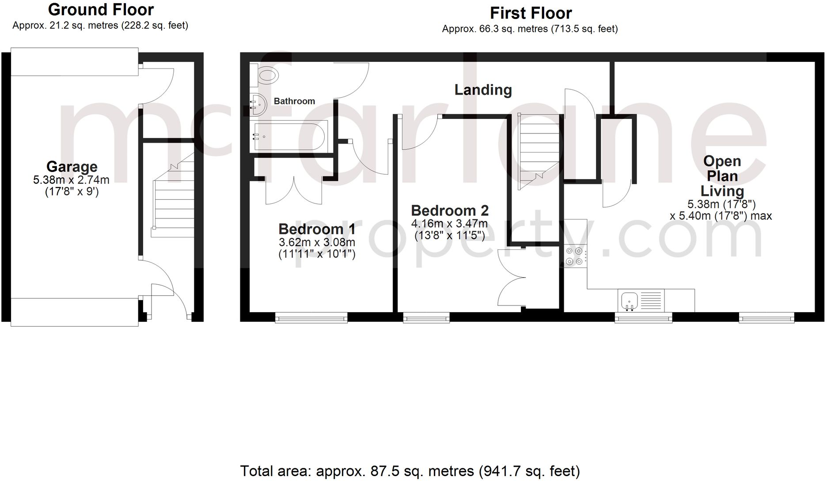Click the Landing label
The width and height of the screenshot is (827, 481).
tap(483, 90)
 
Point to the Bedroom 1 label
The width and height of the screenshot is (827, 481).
tap(317, 229)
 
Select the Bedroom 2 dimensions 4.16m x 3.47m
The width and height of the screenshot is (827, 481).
tap(449, 224)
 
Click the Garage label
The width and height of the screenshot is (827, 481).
tap(72, 167)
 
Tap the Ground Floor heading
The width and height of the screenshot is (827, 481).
tap(101, 10)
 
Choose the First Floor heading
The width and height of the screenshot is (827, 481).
tap(531, 13)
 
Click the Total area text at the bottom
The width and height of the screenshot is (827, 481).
tap(410, 471)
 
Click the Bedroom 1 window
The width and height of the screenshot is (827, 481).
tap(311, 317)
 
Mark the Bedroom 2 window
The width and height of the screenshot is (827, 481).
tap(426, 317)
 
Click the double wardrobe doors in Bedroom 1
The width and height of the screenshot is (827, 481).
tap(294, 190)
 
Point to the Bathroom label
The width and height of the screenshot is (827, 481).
tap(294, 101)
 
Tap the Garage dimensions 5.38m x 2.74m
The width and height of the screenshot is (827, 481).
tap(72, 180)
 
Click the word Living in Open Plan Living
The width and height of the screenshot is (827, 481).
tap(722, 191)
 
